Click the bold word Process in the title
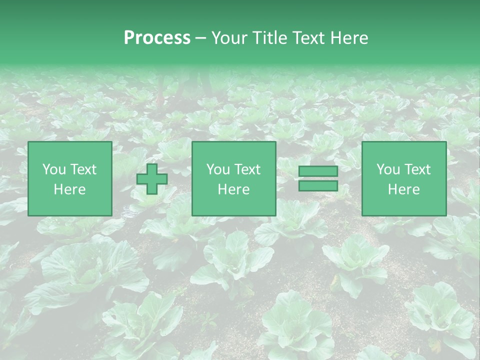click(x=157, y=38)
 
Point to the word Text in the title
click(x=308, y=38)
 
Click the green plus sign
click(x=152, y=179)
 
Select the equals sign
click(x=318, y=179)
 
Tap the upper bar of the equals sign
click(x=318, y=172)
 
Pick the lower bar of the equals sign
click(x=318, y=186)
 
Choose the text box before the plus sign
click(x=70, y=178)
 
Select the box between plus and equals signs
click(x=234, y=178)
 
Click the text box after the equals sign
click(x=404, y=178)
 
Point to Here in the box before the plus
click(x=70, y=189)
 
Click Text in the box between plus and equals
click(x=248, y=169)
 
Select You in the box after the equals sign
click(x=387, y=169)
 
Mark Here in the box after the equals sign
click(x=404, y=189)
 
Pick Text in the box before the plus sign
click(x=83, y=169)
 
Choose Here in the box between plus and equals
click(x=234, y=189)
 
